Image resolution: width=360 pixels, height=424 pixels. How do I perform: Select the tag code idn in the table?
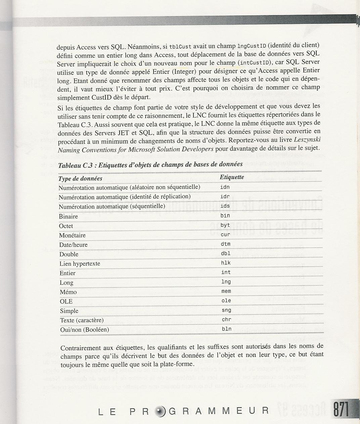[225, 187]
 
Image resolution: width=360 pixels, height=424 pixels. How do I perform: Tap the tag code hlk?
[226, 263]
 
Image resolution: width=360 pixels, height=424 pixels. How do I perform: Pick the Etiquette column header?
[232, 177]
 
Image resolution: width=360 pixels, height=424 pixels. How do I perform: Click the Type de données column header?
[80, 178]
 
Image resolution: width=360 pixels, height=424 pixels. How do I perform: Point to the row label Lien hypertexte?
[80, 264]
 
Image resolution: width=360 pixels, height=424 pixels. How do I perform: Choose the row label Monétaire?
[72, 235]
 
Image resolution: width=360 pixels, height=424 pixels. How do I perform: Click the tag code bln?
[226, 329]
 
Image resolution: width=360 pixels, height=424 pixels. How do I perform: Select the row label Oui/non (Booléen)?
[85, 330]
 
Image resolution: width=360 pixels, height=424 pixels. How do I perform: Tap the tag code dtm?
[226, 244]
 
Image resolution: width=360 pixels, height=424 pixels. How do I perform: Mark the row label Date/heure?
[74, 245]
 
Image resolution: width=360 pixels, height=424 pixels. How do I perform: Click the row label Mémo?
[68, 292]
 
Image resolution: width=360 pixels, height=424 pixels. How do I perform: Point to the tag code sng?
[226, 310]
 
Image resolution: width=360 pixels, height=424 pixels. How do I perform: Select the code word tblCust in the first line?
[180, 46]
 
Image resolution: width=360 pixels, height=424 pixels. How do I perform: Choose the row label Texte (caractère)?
[82, 320]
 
